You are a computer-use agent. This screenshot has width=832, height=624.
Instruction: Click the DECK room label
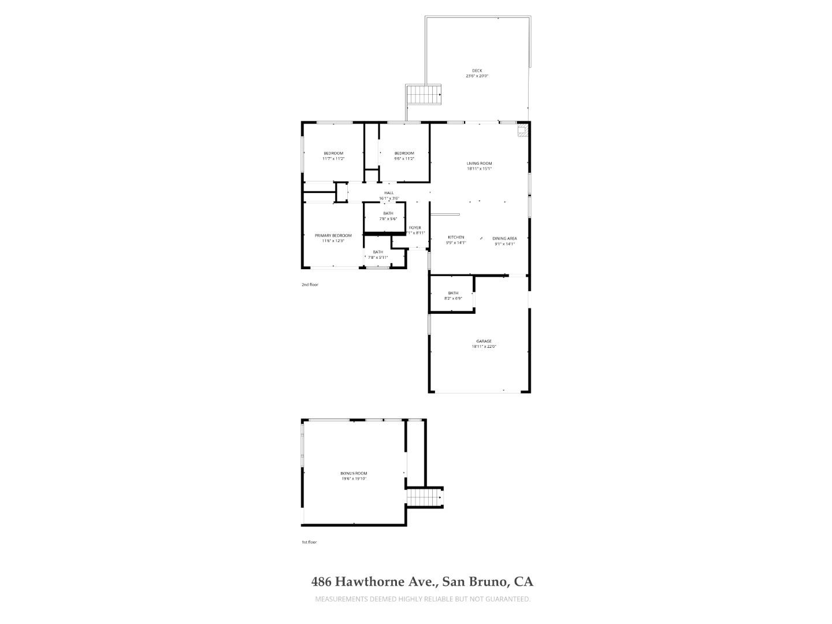coord(477,70)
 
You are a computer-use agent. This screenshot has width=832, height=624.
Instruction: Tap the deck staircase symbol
coord(424,95)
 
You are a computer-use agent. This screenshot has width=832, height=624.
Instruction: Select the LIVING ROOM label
coord(479,164)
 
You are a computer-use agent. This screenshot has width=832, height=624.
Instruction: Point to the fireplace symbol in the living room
coord(522,131)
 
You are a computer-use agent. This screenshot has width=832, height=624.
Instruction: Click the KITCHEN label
coord(456,237)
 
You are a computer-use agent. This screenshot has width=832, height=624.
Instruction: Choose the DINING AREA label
coord(504,239)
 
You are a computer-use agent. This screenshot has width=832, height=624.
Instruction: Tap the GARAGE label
coord(484,341)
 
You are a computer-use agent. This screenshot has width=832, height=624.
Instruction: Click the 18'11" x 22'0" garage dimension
coord(484,347)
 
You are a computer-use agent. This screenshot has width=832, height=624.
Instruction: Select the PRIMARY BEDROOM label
coord(333,236)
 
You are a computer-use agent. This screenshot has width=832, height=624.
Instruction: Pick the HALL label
coord(389,193)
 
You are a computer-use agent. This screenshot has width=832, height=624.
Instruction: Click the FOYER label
coord(415,228)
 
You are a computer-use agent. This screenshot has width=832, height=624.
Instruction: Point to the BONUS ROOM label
coord(354,473)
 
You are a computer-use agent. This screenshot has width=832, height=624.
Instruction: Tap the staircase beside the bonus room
coord(424,497)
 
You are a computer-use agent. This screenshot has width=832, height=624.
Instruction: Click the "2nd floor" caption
coord(310,285)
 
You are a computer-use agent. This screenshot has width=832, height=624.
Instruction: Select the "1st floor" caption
coord(309,542)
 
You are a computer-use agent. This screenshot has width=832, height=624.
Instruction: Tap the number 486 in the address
coord(322,581)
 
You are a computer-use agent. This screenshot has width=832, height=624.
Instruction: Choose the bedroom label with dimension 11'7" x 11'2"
coord(333,153)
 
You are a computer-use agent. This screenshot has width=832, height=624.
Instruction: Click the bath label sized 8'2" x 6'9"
coord(453,293)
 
